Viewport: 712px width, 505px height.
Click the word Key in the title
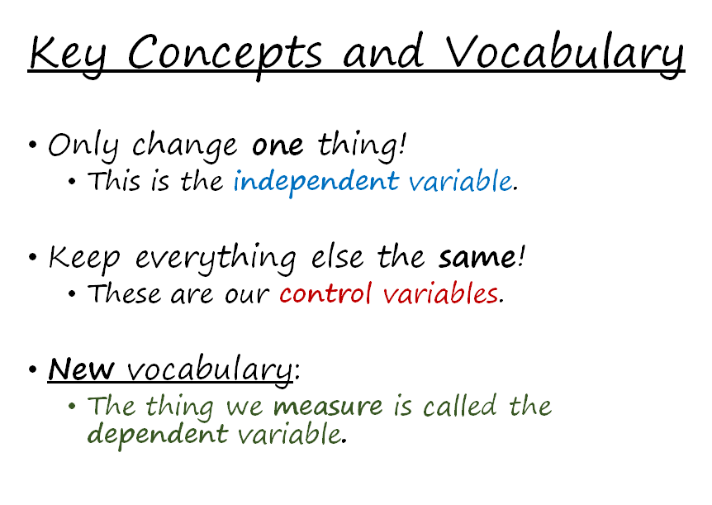pyautogui.click(x=68, y=55)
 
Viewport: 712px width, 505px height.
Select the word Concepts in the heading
pyautogui.click(x=225, y=55)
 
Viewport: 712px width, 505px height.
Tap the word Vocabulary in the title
pyautogui.click(x=564, y=55)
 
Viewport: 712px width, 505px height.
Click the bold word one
pyautogui.click(x=278, y=146)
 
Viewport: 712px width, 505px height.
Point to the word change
pyautogui.click(x=184, y=147)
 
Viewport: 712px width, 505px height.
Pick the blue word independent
pyautogui.click(x=316, y=183)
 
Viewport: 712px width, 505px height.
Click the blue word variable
pyautogui.click(x=460, y=180)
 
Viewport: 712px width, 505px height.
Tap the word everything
pyautogui.click(x=216, y=259)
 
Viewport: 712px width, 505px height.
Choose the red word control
pyautogui.click(x=325, y=293)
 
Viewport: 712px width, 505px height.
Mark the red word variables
pyautogui.click(x=440, y=293)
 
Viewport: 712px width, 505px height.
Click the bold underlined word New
pyautogui.click(x=81, y=369)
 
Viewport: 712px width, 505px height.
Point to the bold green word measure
pyautogui.click(x=328, y=406)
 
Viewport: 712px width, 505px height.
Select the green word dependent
pyautogui.click(x=157, y=435)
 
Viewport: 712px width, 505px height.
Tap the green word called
pyautogui.click(x=459, y=404)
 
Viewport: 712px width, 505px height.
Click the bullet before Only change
pyautogui.click(x=32, y=145)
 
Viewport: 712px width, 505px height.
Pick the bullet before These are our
pyautogui.click(x=72, y=293)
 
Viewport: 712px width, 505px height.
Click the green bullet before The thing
pyautogui.click(x=72, y=405)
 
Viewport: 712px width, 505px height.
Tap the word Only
pyautogui.click(x=83, y=146)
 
